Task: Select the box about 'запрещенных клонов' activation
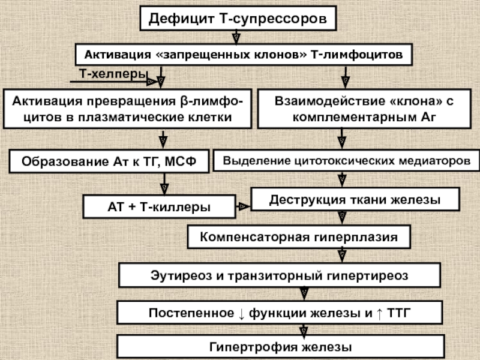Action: pyautogui.click(x=243, y=55)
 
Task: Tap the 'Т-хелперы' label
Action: pyautogui.click(x=113, y=74)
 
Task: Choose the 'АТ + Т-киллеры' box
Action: pyautogui.click(x=158, y=207)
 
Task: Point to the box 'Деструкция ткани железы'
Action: pyautogui.click(x=355, y=199)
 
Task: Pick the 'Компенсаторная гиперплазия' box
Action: pyautogui.click(x=299, y=237)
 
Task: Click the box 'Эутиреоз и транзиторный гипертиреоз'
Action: pyautogui.click(x=280, y=275)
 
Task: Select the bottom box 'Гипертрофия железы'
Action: pyautogui.click(x=280, y=347)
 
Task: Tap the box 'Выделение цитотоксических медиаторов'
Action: pyautogui.click(x=347, y=161)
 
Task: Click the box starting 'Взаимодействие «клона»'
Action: pyautogui.click(x=364, y=109)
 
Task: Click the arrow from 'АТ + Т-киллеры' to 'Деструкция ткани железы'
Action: pyautogui.click(x=242, y=206)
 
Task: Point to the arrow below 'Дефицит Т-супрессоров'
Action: pyautogui.click(x=238, y=38)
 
